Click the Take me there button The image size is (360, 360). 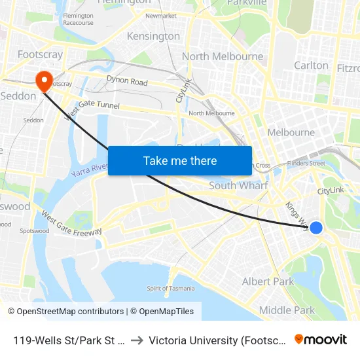click(x=180, y=160)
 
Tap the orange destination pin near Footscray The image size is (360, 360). click(x=45, y=81)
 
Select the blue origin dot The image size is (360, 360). click(x=315, y=228)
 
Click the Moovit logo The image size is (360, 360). click(x=321, y=340)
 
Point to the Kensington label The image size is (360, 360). click(x=153, y=36)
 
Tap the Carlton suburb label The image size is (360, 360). click(x=311, y=65)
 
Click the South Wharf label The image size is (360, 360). click(x=238, y=186)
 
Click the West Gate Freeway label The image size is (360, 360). click(x=71, y=223)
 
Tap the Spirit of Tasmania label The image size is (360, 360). click(x=171, y=289)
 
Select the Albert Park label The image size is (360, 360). click(x=268, y=281)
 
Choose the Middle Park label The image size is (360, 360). click(x=287, y=310)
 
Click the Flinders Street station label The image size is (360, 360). click(x=306, y=163)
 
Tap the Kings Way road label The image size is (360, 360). click(x=297, y=214)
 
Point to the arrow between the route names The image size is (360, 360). click(x=137, y=340)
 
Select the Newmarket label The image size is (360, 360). click(x=161, y=16)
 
